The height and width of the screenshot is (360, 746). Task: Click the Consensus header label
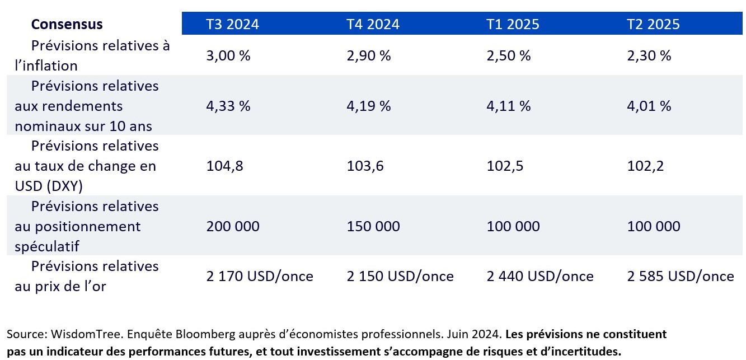pyautogui.click(x=67, y=24)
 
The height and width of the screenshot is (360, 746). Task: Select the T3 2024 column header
pyautogui.click(x=232, y=24)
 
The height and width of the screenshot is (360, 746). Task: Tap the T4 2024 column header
pyautogui.click(x=373, y=24)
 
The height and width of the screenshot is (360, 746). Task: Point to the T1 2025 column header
pyautogui.click(x=513, y=24)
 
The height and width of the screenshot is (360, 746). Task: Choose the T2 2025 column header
pyautogui.click(x=653, y=24)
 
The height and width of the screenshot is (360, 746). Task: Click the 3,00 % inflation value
pyautogui.click(x=228, y=55)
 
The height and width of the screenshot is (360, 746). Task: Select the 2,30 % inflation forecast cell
pyautogui.click(x=649, y=55)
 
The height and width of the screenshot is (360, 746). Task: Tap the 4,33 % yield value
pyautogui.click(x=228, y=106)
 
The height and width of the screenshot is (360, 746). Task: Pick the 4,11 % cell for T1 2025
pyautogui.click(x=508, y=106)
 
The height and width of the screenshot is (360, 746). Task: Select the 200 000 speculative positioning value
pyautogui.click(x=233, y=226)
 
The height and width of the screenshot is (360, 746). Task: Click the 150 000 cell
pyautogui.click(x=373, y=226)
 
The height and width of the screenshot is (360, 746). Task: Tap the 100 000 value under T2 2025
pyautogui.click(x=654, y=226)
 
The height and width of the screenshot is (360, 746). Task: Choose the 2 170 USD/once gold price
pyautogui.click(x=260, y=276)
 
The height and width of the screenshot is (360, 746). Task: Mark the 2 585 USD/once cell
pyautogui.click(x=680, y=276)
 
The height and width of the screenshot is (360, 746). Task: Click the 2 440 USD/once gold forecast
pyautogui.click(x=540, y=276)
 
